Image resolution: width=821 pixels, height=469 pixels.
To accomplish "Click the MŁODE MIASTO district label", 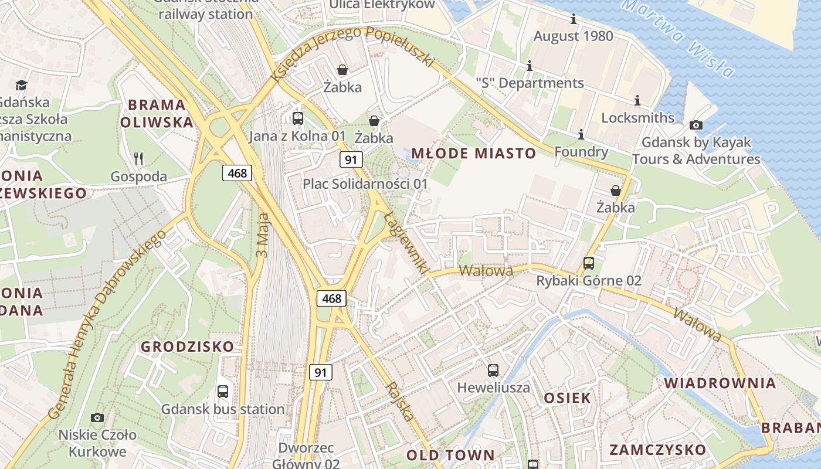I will point(473,154).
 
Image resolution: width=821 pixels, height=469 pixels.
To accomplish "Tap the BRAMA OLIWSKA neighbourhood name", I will point(157,114).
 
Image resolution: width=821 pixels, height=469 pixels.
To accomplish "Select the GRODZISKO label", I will point(187,346).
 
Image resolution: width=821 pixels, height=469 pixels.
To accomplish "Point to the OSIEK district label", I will point(567,398).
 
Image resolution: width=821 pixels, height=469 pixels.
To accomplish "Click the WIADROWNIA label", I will point(720,383).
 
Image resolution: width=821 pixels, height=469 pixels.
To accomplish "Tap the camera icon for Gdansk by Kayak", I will point(696,125).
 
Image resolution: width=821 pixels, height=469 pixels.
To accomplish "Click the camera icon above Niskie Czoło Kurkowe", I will point(97,417).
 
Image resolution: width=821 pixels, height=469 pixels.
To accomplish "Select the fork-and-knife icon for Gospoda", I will point(138,158).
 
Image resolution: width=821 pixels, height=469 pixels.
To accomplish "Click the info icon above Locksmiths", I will point(637,101).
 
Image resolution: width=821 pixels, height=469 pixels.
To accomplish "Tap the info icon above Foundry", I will point(581,135).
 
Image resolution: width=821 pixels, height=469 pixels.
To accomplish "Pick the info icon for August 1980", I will point(574,19).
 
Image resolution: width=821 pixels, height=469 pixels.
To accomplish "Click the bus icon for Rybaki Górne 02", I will point(589,263).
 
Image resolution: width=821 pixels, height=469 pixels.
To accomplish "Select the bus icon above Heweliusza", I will point(493,371).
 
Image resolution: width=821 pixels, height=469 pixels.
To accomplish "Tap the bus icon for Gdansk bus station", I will point(223,392).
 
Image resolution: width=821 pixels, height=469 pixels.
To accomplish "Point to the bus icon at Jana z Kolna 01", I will point(298,118).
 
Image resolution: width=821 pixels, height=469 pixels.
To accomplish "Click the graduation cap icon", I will point(22,86).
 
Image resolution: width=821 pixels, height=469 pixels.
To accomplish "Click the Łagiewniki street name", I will point(405,243).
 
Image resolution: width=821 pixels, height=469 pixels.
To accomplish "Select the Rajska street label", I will point(400,402).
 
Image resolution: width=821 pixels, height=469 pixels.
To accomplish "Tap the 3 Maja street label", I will point(262,235).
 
